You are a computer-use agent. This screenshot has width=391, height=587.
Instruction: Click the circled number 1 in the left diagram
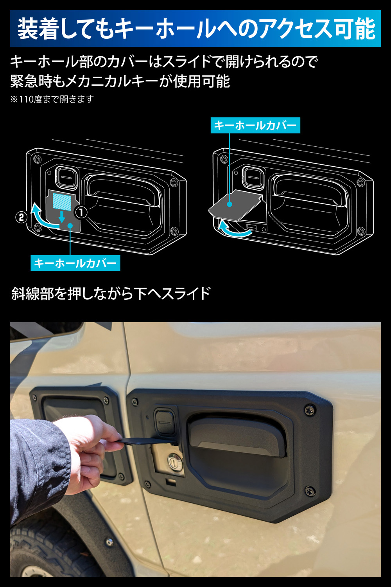pyautogui.click(x=81, y=212)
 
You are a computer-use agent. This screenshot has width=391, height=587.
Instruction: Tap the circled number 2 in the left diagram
pyautogui.click(x=22, y=217)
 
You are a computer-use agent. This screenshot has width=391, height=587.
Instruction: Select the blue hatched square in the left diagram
pyautogui.click(x=62, y=202)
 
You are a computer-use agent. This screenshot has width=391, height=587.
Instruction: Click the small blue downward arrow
pyautogui.click(x=62, y=217)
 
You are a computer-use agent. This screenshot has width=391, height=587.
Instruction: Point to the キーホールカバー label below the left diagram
pyautogui.click(x=75, y=263)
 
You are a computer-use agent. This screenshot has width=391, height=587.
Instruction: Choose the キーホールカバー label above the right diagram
pyautogui.click(x=255, y=126)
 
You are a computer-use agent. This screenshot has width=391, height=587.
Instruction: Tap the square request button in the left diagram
pyautogui.click(x=67, y=177)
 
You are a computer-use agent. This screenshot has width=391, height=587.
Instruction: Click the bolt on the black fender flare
pyautogui.click(x=109, y=542)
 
